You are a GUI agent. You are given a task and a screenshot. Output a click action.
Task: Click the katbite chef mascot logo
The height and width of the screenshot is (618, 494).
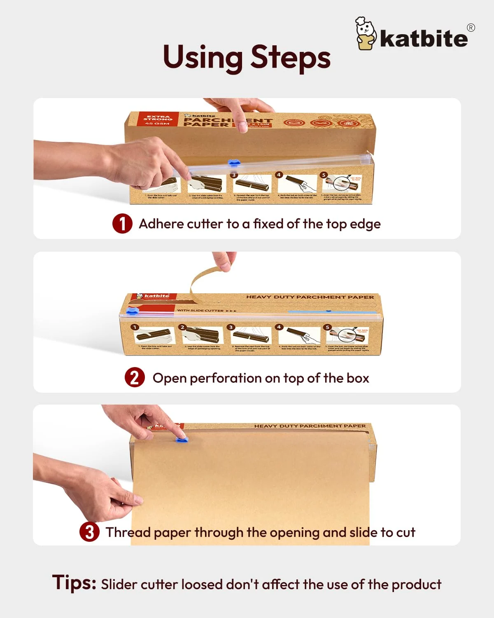coord(366,34)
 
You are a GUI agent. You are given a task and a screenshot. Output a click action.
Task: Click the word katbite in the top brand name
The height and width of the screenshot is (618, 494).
coord(424,38)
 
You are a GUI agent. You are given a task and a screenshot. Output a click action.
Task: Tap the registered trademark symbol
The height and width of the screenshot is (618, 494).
coord(471,28)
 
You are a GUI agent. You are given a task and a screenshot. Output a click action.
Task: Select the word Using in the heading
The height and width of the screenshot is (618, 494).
coord(203,58)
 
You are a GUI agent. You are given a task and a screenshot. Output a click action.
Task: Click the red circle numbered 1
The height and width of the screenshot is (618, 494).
coord(122,224)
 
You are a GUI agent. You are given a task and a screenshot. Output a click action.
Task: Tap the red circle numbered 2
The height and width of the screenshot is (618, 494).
coord(135,377)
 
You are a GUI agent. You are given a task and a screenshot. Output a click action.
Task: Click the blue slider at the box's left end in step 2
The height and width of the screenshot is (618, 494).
coord(131,311)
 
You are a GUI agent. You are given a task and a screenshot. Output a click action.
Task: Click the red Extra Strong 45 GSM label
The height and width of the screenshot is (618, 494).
coord(158,119)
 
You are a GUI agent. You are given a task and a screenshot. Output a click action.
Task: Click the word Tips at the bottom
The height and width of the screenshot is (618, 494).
coord(74,583)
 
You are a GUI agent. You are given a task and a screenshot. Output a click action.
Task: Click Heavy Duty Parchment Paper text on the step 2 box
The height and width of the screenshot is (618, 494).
coord(310,297)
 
